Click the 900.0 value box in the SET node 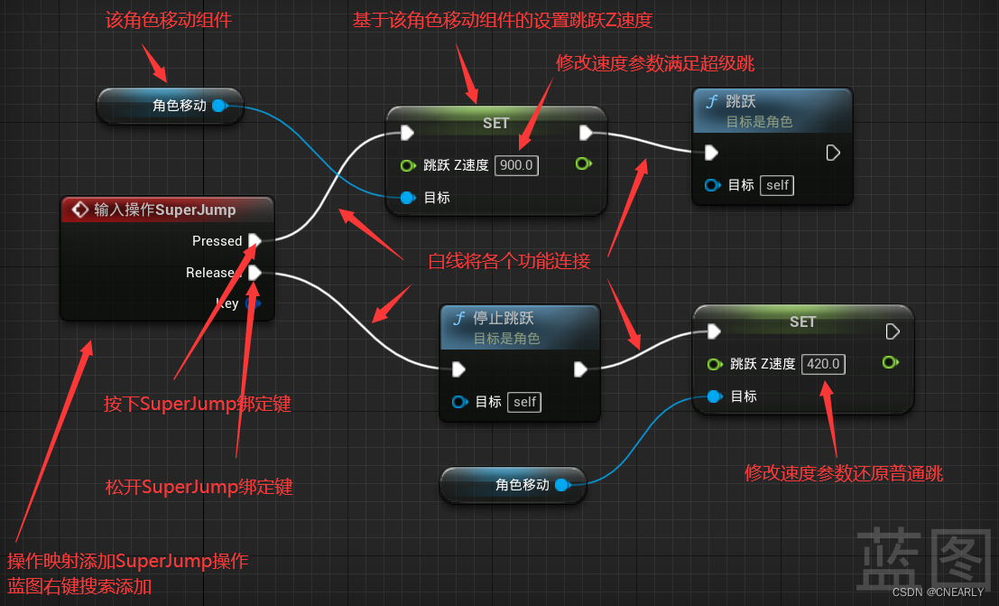517,165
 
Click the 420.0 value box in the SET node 824,364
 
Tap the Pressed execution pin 254,240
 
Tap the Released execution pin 254,272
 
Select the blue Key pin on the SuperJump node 253,303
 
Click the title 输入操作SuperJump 164,210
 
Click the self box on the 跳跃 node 777,185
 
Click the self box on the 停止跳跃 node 524,402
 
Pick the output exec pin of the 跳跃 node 833,153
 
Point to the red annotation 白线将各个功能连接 509,262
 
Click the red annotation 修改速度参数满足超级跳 655,63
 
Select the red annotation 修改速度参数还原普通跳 844,473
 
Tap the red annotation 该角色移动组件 168,20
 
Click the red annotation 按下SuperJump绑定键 197,404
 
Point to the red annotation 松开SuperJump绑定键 199,488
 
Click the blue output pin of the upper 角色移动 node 218,106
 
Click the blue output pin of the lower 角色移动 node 561,485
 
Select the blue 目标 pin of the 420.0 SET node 714,396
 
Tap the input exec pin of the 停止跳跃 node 458,368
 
